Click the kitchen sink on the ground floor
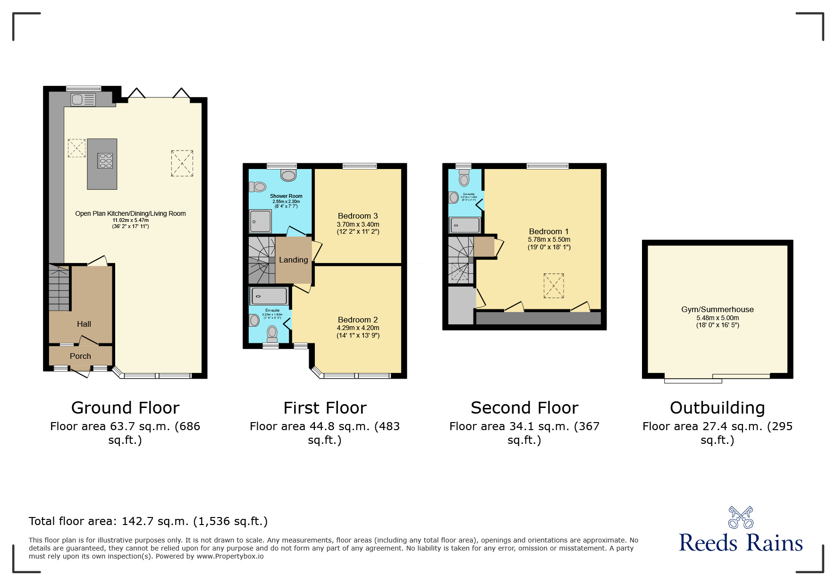pyautogui.click(x=83, y=100)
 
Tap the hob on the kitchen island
pyautogui.click(x=105, y=161)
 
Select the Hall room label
pyautogui.click(x=84, y=324)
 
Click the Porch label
pyautogui.click(x=80, y=356)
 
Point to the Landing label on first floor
pyautogui.click(x=293, y=260)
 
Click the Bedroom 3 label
pyautogui.click(x=357, y=216)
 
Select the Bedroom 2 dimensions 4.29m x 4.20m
pyautogui.click(x=358, y=328)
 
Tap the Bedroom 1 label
pyautogui.click(x=549, y=231)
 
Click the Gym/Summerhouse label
pyautogui.click(x=717, y=309)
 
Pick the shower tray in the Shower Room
pyautogui.click(x=261, y=221)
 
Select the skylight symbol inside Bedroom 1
pyautogui.click(x=553, y=285)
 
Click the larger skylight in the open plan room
pyautogui.click(x=182, y=163)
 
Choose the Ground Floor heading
pyautogui.click(x=125, y=407)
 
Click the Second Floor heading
pyautogui.click(x=524, y=407)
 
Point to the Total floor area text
pyautogui.click(x=148, y=521)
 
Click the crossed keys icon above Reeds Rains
pyautogui.click(x=740, y=517)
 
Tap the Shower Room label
pyautogui.click(x=286, y=196)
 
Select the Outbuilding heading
pyautogui.click(x=717, y=407)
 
